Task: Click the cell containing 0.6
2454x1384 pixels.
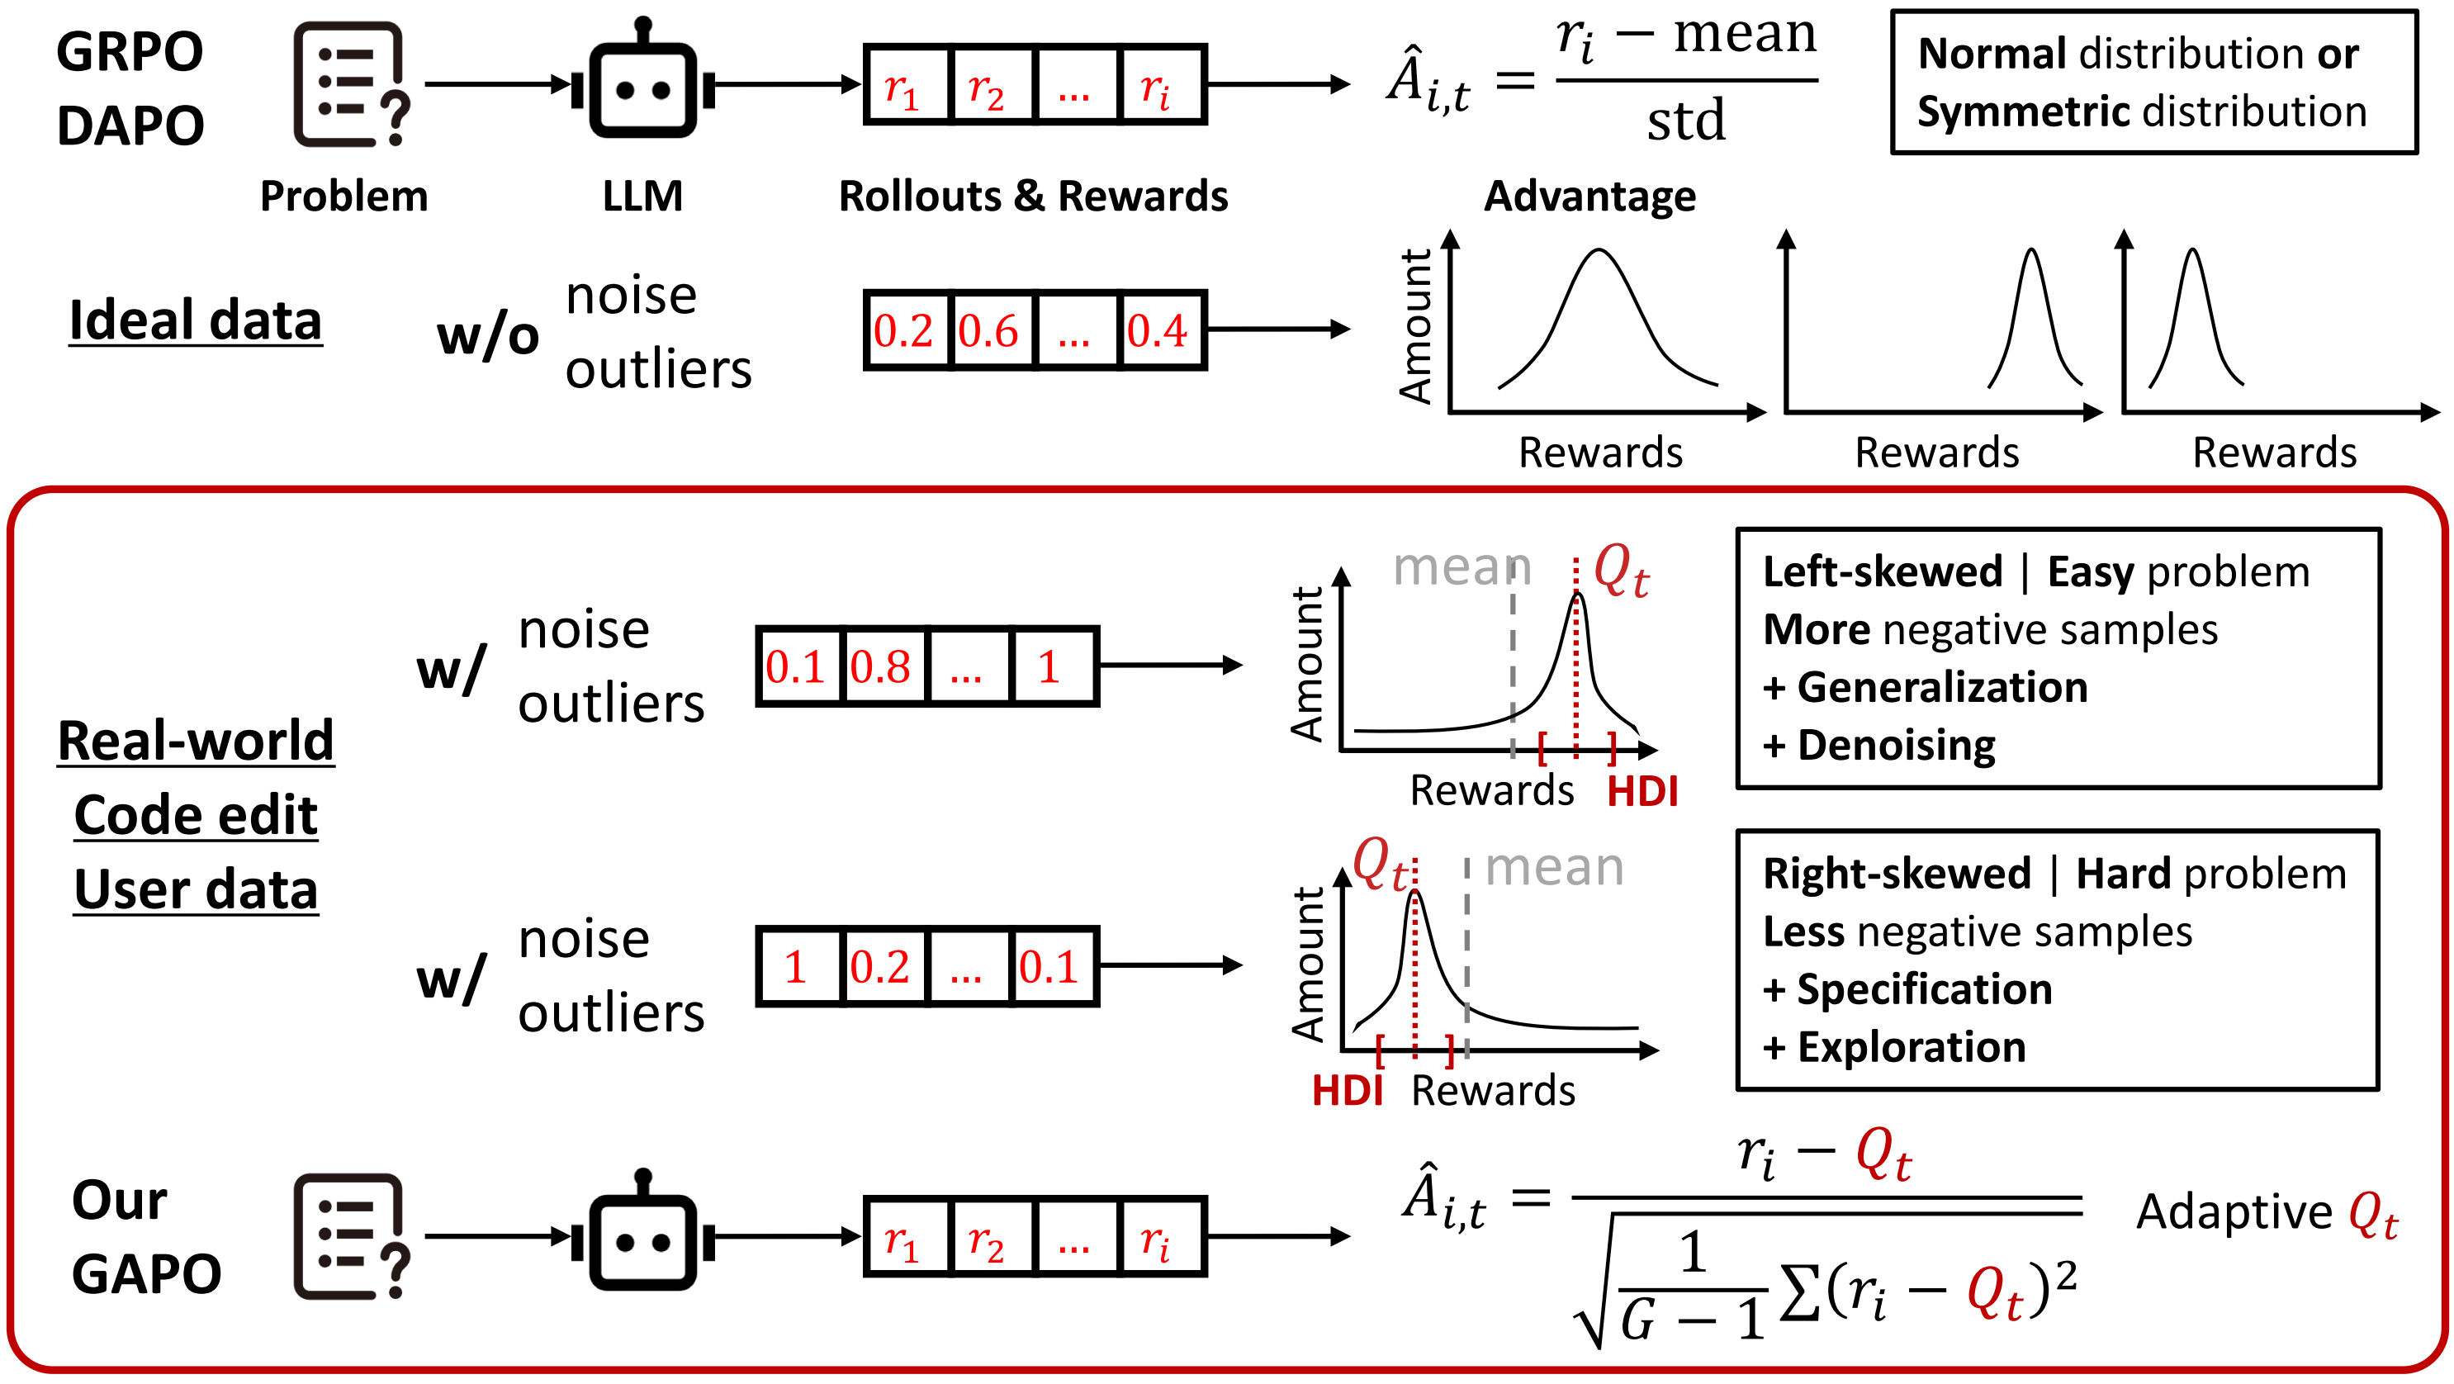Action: (x=991, y=330)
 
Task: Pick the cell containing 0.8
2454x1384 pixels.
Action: (x=882, y=666)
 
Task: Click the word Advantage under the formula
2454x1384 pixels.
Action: (x=1590, y=197)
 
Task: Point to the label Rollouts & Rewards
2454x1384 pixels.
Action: (x=1034, y=197)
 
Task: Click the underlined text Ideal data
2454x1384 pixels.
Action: (x=196, y=320)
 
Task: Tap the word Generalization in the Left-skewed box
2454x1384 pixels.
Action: (x=1941, y=688)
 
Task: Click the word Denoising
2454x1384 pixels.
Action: (x=1896, y=746)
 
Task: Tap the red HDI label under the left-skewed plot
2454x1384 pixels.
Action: (x=1642, y=792)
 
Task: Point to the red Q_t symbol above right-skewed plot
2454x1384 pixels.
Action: (x=1381, y=864)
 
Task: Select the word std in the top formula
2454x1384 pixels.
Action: (x=1686, y=121)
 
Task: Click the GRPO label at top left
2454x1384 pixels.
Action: (x=130, y=51)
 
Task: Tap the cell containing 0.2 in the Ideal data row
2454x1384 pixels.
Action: (x=905, y=330)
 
